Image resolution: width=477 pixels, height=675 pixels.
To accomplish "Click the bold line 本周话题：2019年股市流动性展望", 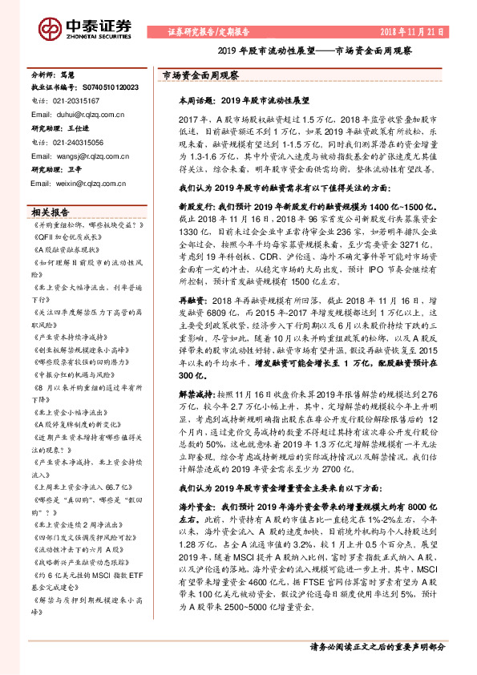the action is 244,102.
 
